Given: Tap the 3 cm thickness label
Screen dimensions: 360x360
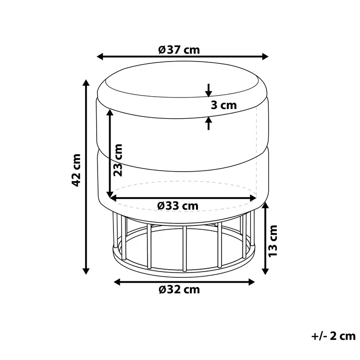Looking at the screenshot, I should (223, 105).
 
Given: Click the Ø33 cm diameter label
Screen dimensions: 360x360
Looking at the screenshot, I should (177, 205).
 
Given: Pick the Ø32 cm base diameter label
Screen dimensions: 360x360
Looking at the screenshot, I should (178, 289).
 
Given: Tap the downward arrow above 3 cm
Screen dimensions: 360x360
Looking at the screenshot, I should (208, 91).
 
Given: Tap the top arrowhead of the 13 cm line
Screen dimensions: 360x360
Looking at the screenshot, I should (265, 205).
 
